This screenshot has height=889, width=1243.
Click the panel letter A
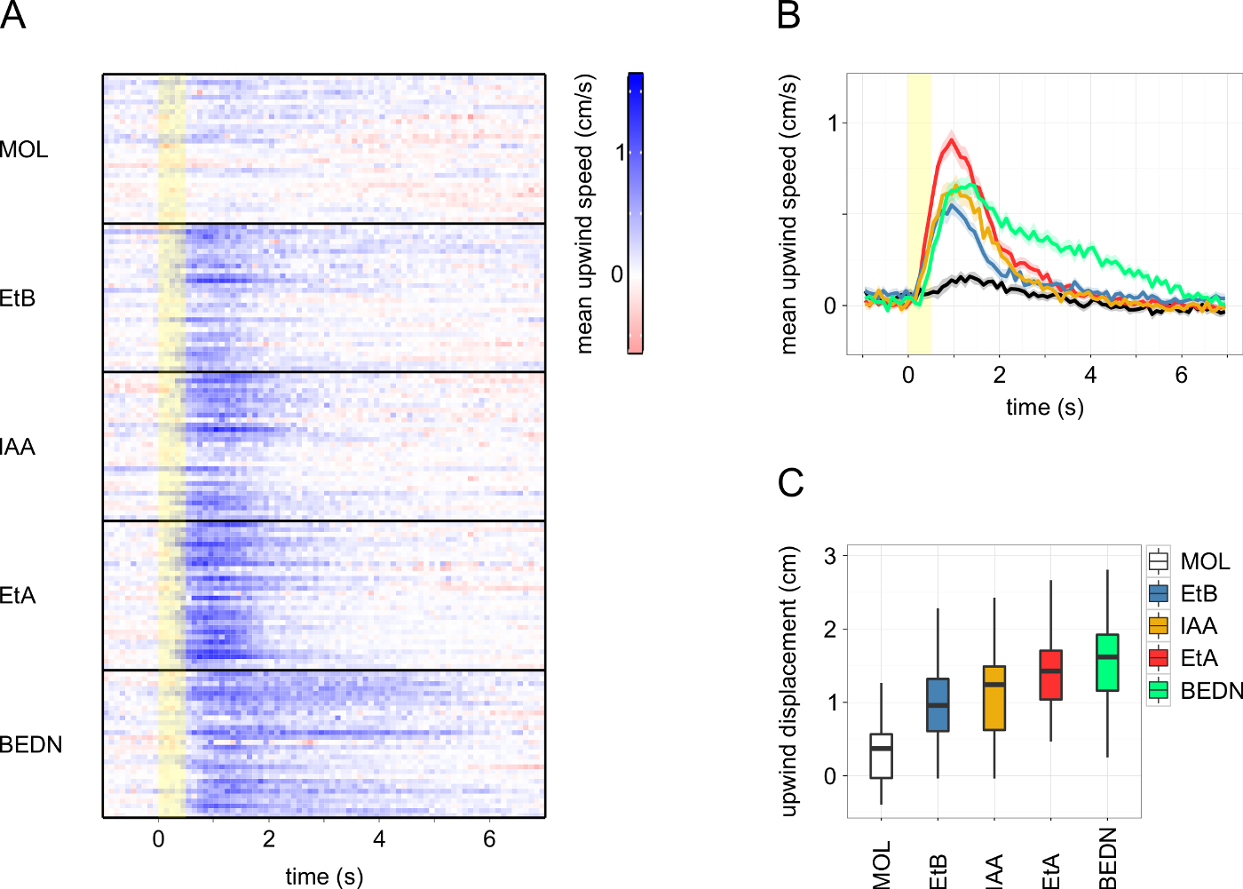[12, 15]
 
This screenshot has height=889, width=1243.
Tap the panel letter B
[788, 15]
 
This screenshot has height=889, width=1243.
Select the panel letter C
[790, 482]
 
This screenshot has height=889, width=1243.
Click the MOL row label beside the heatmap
[24, 149]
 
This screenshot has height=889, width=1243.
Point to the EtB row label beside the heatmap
[18, 298]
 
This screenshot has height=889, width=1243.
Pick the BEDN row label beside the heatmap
[31, 744]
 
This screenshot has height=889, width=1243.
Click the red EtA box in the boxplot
[1050, 675]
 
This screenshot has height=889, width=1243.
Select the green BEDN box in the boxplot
[1107, 663]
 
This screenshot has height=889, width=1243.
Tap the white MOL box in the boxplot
[881, 756]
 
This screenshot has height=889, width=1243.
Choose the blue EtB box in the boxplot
[938, 705]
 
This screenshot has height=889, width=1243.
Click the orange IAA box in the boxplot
[994, 698]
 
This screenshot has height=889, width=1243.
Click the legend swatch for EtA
[1158, 658]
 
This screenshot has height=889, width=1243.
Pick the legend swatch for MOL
[1158, 561]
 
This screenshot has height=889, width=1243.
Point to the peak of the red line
[952, 139]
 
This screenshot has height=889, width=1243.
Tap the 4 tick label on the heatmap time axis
[379, 839]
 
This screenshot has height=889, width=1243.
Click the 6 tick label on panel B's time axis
[1181, 375]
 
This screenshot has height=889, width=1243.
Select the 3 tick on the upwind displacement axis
[830, 556]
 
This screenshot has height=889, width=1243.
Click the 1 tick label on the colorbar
[620, 153]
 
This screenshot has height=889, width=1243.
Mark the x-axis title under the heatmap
[324, 877]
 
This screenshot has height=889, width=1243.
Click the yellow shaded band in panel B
[919, 213]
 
